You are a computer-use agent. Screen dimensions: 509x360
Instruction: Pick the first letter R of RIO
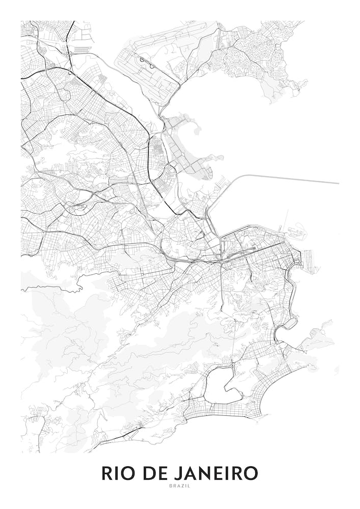(x=107, y=473)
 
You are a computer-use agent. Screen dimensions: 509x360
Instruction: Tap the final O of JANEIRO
(x=251, y=473)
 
